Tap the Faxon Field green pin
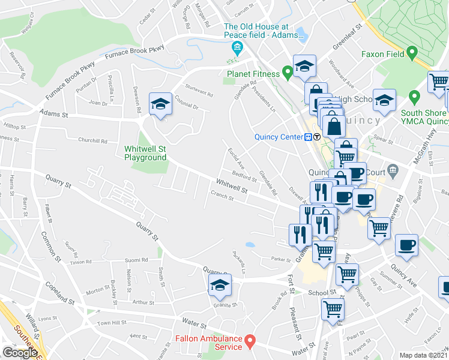pos(412,53)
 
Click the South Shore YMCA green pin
pos(414,97)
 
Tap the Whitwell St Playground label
pos(145,153)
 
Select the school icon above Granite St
pos(220,287)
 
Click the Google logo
pos(20,353)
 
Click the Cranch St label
pos(221,195)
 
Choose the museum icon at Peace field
pos(237,47)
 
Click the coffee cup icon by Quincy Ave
pos(406,245)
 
